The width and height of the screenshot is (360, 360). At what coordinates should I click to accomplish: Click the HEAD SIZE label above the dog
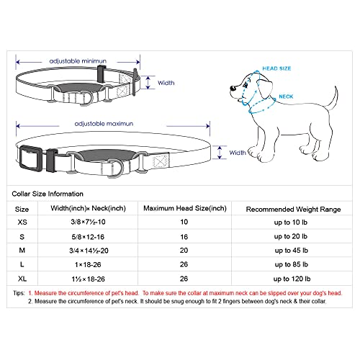(x=277, y=68)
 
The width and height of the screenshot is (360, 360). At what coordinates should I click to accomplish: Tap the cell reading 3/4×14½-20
(x=89, y=251)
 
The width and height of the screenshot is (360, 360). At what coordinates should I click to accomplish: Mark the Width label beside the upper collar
(x=166, y=83)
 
